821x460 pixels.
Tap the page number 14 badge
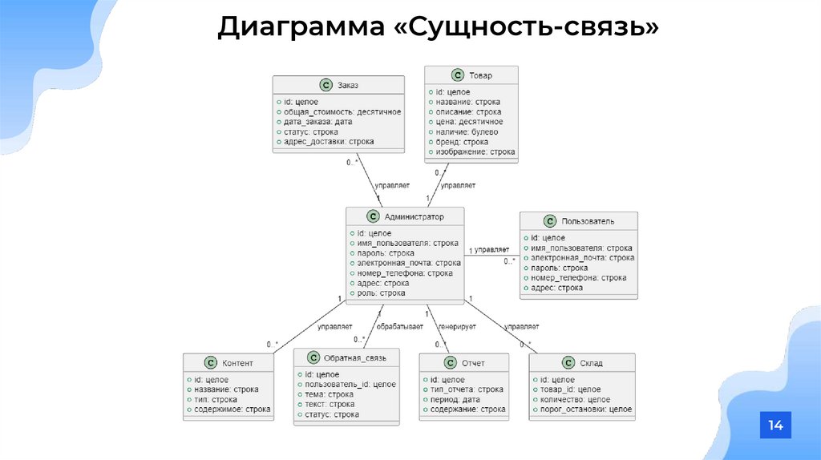(x=775, y=426)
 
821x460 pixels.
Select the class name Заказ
(x=348, y=84)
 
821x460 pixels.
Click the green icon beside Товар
(x=457, y=75)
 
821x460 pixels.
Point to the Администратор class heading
(x=414, y=216)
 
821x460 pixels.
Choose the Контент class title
(x=237, y=363)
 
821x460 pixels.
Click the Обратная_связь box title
(x=357, y=357)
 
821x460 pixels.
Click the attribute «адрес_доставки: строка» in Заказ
(x=328, y=142)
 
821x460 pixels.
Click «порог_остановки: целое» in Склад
(x=585, y=410)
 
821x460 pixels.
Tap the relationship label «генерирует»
(x=457, y=327)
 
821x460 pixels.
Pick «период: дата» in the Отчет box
(x=455, y=399)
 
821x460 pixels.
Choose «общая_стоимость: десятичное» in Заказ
(x=341, y=112)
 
